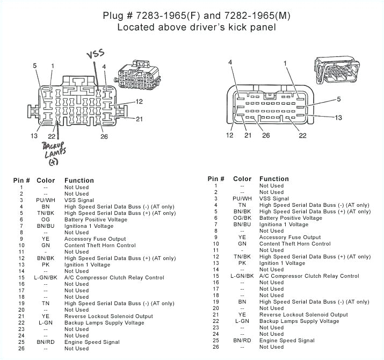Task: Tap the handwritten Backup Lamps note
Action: [x=53, y=153]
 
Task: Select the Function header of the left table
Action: [x=79, y=181]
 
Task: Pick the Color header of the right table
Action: [x=242, y=179]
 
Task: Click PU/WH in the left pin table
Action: [x=46, y=200]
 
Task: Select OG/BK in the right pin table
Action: [x=242, y=218]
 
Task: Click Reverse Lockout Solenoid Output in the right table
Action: [x=303, y=314]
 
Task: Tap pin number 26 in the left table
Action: [x=22, y=348]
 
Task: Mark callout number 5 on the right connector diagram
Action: [x=338, y=99]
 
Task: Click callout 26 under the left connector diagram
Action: [x=104, y=136]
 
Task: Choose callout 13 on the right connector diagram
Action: [x=338, y=117]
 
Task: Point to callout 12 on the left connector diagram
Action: [x=139, y=101]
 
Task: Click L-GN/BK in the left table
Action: [x=46, y=277]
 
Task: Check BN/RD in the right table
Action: [x=242, y=340]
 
